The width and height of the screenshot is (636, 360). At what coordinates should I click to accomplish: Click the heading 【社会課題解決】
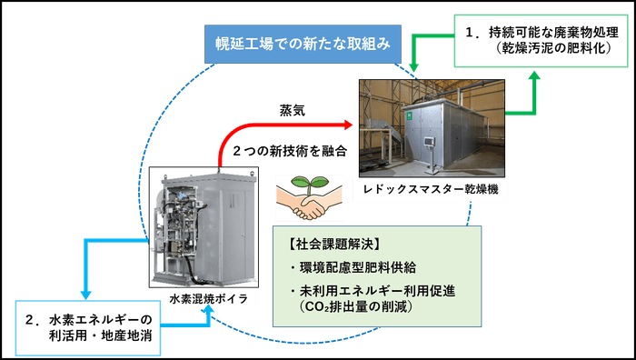pos(327,244)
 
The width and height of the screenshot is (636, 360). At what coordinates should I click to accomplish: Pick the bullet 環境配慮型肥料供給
pos(352,268)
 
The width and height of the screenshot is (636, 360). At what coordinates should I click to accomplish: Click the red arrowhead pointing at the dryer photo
pos(346,122)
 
